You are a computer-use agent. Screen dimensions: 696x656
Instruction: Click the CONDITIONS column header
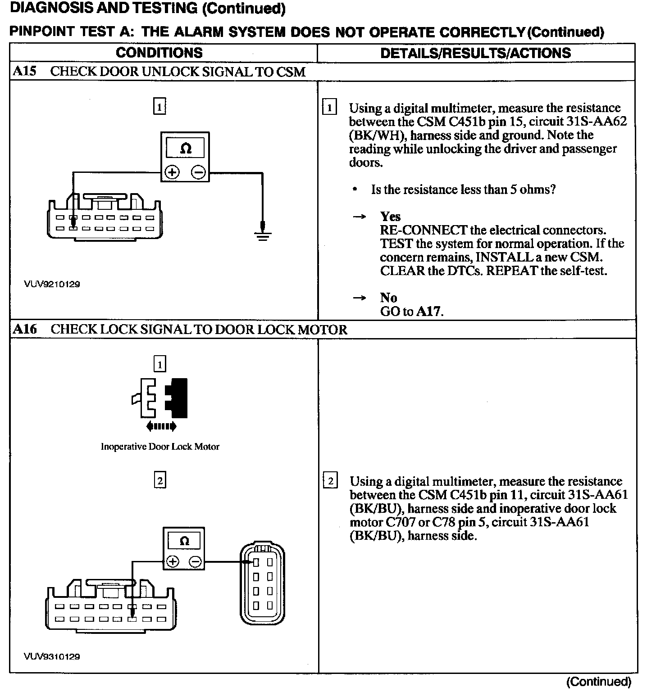click(159, 53)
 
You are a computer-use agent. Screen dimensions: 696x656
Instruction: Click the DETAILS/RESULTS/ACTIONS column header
click(475, 53)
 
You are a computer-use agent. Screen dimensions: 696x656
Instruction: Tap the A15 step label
click(24, 72)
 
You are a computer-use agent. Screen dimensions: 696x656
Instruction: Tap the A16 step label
click(25, 329)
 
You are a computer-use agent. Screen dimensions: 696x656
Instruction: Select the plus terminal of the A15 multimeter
click(172, 172)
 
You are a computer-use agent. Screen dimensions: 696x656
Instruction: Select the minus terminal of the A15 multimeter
click(198, 172)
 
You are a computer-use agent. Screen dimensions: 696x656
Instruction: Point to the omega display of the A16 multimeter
click(184, 541)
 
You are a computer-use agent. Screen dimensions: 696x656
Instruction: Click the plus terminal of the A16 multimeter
click(173, 561)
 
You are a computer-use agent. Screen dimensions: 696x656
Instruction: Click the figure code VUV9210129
click(52, 284)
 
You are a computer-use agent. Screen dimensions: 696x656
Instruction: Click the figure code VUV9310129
click(52, 656)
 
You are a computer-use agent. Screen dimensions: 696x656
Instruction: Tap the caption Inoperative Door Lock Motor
click(160, 447)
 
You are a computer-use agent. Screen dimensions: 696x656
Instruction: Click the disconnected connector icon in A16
click(160, 398)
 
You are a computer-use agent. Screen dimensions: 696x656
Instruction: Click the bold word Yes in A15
click(390, 217)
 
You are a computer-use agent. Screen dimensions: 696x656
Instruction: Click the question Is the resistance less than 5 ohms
click(463, 190)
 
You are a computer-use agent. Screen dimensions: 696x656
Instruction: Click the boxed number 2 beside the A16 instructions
click(330, 481)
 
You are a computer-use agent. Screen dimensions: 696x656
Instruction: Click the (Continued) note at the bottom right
click(599, 682)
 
